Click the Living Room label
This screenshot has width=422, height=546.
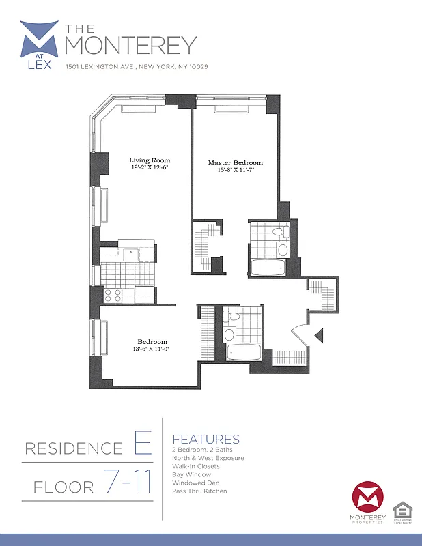point(150,160)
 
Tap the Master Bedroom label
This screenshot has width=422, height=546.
point(235,163)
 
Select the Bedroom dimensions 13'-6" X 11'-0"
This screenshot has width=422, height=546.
point(152,349)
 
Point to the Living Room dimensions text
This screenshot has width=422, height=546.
point(150,167)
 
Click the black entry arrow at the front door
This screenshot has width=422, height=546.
point(318,334)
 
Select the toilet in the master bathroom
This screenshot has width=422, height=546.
point(279,233)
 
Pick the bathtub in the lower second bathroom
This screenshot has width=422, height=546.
point(244,354)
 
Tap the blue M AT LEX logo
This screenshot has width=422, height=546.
point(39,45)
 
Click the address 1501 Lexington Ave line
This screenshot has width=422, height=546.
point(137,67)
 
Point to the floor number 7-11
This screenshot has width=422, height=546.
point(128,483)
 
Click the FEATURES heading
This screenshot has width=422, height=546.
point(206,440)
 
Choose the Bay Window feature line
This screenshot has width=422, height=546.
point(192,474)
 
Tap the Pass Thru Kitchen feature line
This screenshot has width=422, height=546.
point(199,491)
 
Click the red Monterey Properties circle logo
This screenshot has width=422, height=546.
point(368,500)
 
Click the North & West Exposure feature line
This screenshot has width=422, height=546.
point(208,458)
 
